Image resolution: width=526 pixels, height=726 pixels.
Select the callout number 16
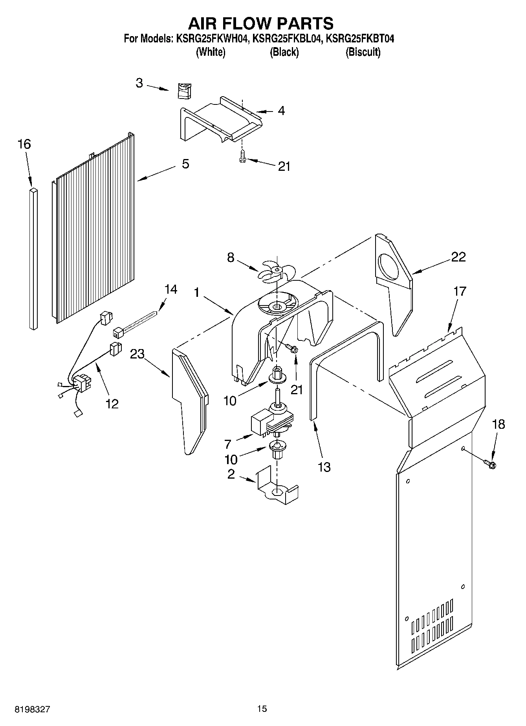24,144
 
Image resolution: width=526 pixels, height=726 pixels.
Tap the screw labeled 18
491,464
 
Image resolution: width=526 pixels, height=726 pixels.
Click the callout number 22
458,257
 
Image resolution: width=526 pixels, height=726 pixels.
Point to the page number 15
262,709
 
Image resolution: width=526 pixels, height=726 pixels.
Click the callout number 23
137,354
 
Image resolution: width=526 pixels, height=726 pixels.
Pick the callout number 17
460,291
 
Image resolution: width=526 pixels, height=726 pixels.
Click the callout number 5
185,164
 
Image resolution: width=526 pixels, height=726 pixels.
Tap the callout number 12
112,404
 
